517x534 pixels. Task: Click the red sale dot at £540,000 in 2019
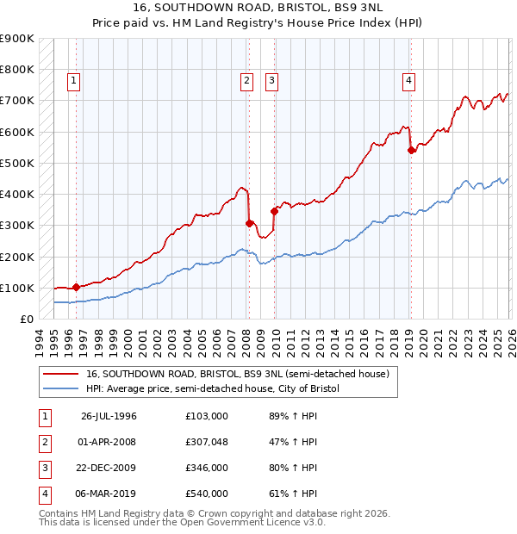click(412, 151)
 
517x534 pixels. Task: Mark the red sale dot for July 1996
click(76, 287)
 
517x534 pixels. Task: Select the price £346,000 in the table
click(207, 468)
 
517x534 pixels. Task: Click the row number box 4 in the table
click(43, 494)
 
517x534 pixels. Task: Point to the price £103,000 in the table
click(207, 415)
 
